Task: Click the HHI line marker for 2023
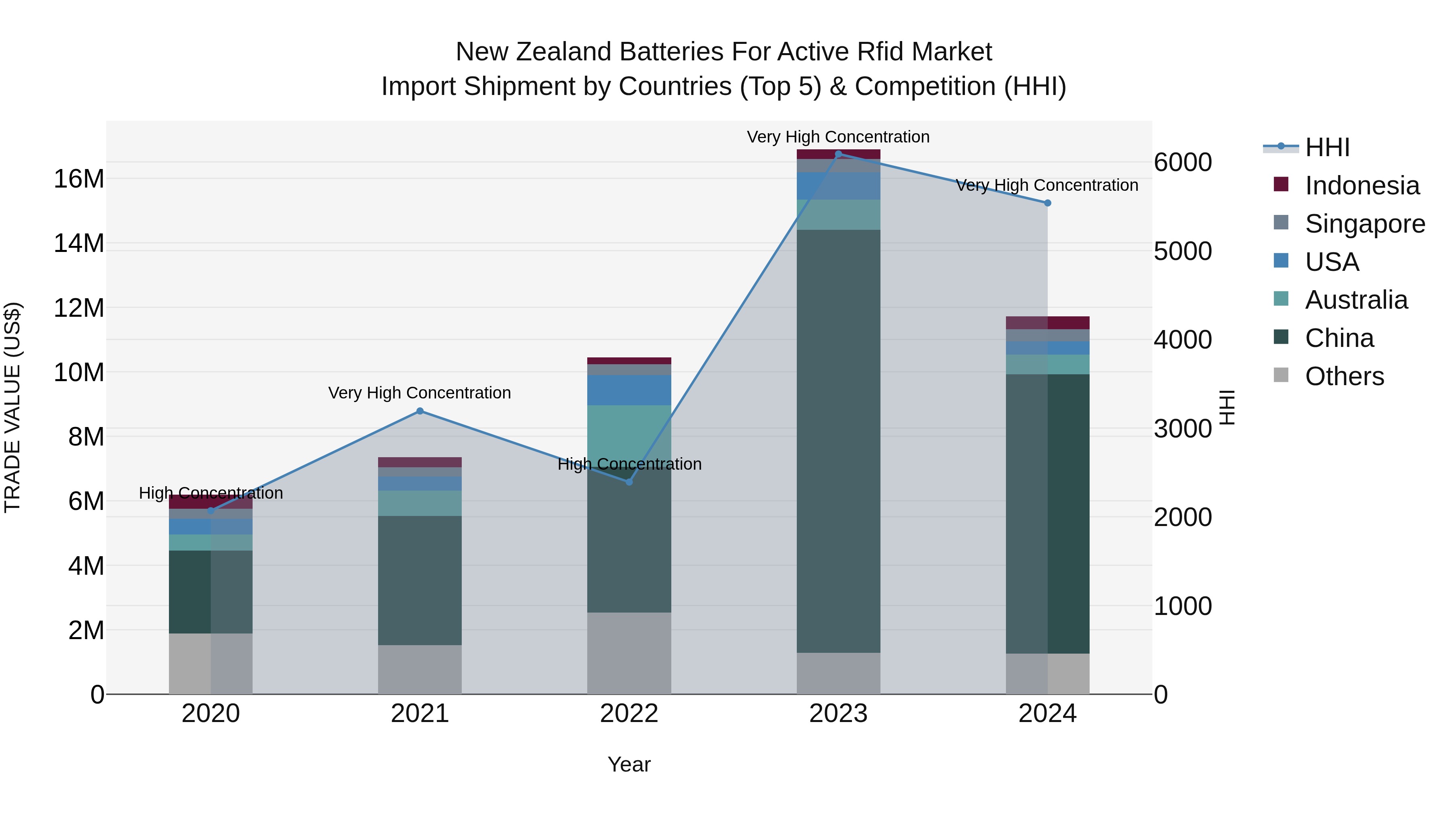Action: click(x=838, y=154)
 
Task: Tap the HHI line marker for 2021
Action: click(x=420, y=411)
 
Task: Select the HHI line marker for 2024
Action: click(x=1047, y=203)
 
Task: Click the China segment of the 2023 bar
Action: click(x=838, y=442)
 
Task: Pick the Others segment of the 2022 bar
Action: click(x=629, y=653)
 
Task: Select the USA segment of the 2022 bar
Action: click(x=629, y=390)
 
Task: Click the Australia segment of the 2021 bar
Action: click(x=420, y=503)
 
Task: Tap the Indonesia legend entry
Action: click(x=1362, y=186)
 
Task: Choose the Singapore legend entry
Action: click(x=1365, y=224)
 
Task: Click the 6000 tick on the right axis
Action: click(x=1183, y=163)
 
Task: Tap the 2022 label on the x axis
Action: click(x=629, y=714)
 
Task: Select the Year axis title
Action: click(x=629, y=764)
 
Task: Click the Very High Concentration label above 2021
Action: click(x=420, y=392)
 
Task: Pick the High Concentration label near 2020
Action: click(x=211, y=493)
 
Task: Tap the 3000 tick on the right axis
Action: click(x=1183, y=429)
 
